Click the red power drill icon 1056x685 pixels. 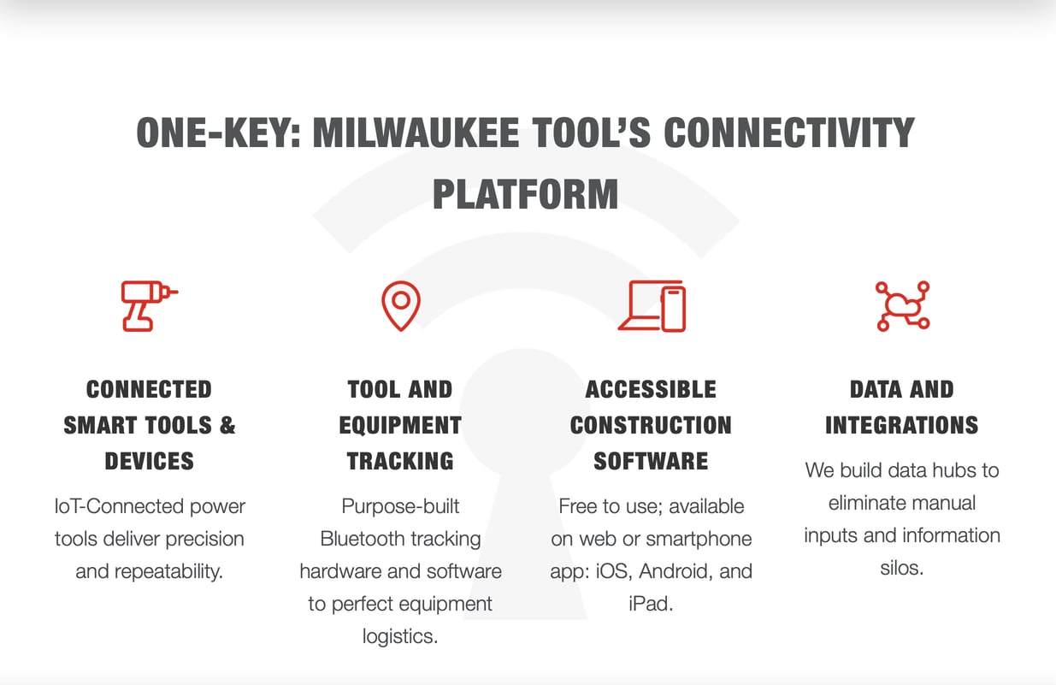[x=148, y=305]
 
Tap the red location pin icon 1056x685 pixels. [x=400, y=305]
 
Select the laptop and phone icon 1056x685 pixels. [x=652, y=305]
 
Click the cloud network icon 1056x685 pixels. [x=902, y=305]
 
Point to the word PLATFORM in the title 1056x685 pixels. [x=526, y=195]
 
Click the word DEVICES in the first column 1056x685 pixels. [x=150, y=461]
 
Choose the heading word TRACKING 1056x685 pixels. [x=400, y=461]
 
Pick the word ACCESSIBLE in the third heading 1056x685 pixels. [x=651, y=390]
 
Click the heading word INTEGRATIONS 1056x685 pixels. [x=901, y=425]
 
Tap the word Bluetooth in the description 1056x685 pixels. [x=365, y=539]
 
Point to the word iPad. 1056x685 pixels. [x=651, y=604]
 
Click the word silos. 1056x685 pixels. [x=901, y=568]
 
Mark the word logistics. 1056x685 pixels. [x=400, y=636]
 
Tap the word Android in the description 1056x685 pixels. [x=677, y=571]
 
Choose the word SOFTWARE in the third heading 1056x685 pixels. [x=651, y=461]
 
